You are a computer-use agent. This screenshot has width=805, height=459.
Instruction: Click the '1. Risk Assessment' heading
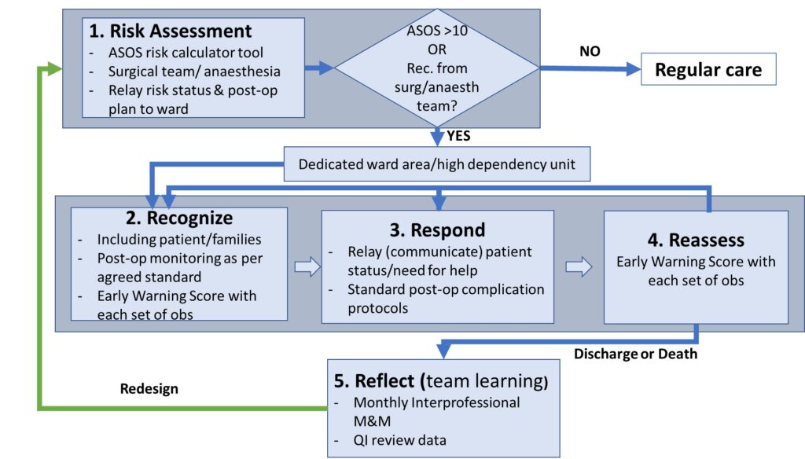pyautogui.click(x=170, y=31)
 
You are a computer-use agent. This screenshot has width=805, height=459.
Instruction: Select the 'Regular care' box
pyautogui.click(x=708, y=69)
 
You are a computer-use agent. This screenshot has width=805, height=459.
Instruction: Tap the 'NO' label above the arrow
pyautogui.click(x=590, y=51)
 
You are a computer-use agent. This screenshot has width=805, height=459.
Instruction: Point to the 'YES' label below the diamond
pyautogui.click(x=458, y=135)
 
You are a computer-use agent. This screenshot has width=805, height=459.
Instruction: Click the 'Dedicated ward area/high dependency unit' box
pyautogui.click(x=437, y=163)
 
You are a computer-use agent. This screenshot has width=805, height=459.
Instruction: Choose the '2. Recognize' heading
pyautogui.click(x=179, y=218)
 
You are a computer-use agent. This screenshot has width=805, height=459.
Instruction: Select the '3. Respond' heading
pyautogui.click(x=437, y=229)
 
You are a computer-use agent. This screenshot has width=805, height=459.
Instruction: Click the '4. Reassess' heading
pyautogui.click(x=696, y=240)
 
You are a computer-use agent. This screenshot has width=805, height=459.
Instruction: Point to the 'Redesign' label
pyautogui.click(x=149, y=389)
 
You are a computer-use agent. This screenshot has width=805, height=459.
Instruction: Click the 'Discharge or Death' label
pyautogui.click(x=635, y=354)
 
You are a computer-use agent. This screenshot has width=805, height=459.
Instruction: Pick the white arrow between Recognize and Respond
pyautogui.click(x=307, y=267)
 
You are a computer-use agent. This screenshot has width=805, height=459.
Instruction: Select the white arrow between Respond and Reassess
pyautogui.click(x=579, y=267)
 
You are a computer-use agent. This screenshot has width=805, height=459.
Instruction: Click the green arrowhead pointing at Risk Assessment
pyautogui.click(x=54, y=68)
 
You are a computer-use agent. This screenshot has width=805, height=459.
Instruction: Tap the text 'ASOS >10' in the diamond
pyautogui.click(x=437, y=31)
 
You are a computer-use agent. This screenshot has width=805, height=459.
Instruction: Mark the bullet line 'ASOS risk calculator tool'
pyautogui.click(x=186, y=53)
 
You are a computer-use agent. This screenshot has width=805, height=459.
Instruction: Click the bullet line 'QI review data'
pyautogui.click(x=399, y=440)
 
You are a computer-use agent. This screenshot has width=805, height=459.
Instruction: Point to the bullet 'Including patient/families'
pyautogui.click(x=179, y=239)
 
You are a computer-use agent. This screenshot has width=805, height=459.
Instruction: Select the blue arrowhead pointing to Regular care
pyautogui.click(x=634, y=69)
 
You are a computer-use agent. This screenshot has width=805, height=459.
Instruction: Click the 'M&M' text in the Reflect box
pyautogui.click(x=372, y=421)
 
